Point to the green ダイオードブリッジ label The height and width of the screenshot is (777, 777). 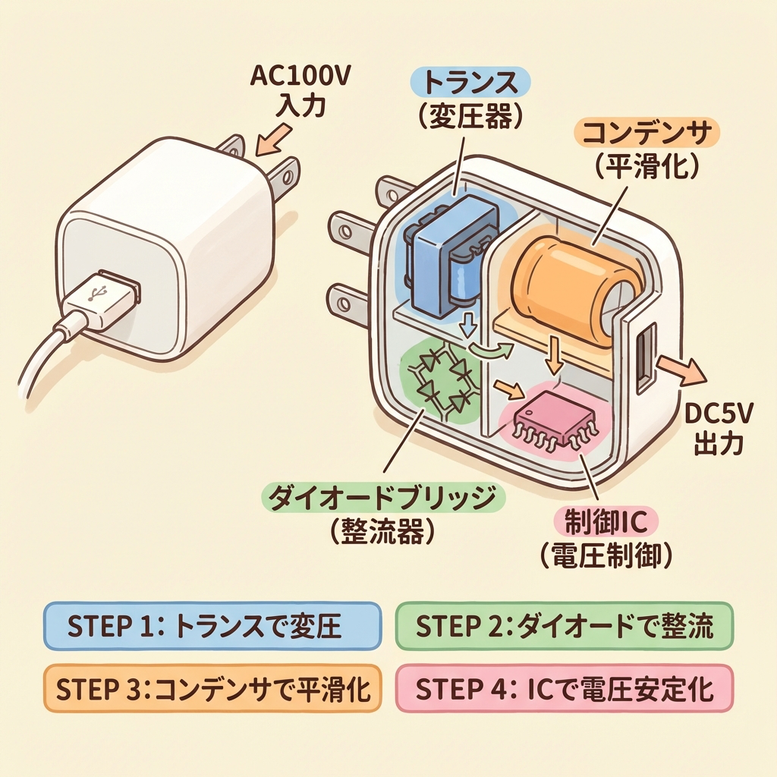383,499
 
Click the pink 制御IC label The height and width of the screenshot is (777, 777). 607,522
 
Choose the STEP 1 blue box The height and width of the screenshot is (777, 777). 211,626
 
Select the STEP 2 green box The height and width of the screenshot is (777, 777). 565,626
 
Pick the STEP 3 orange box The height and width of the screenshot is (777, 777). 211,690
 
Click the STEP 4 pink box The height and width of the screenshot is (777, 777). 565,690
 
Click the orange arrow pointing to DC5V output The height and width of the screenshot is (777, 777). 679,370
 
